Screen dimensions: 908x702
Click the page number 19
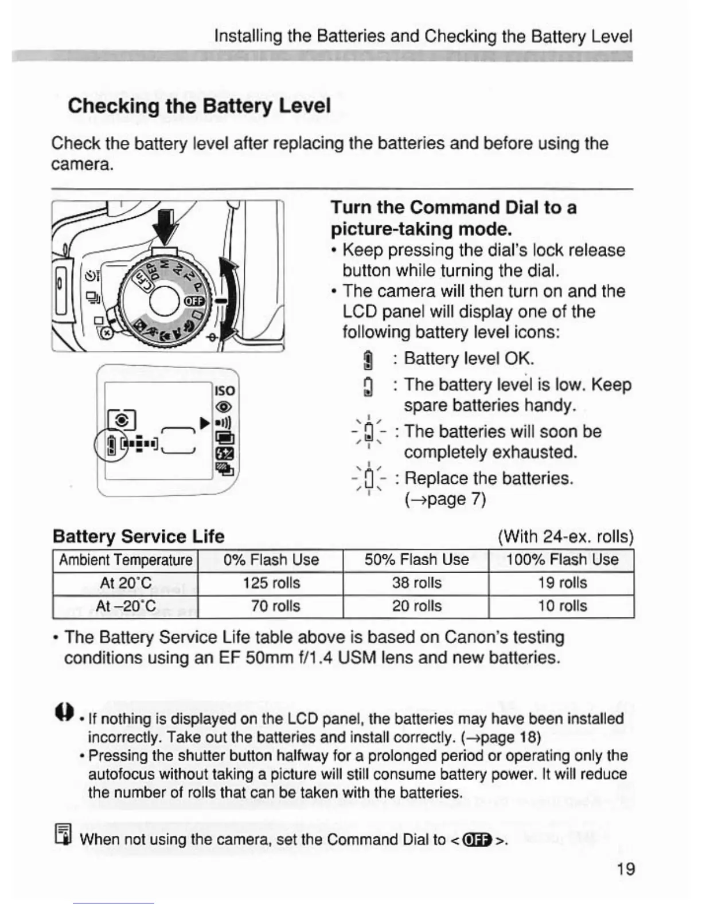click(x=625, y=869)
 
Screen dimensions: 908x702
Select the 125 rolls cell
click(x=271, y=583)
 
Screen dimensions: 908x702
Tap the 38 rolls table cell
click(x=416, y=583)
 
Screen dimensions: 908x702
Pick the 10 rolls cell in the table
click(x=562, y=606)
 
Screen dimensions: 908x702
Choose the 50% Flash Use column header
click(x=416, y=559)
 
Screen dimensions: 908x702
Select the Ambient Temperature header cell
click(x=126, y=559)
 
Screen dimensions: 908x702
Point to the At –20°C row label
click(x=126, y=606)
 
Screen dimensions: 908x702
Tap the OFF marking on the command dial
click(x=190, y=302)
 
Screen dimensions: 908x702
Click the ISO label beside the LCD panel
click(x=224, y=390)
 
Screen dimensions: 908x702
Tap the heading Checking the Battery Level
click(x=199, y=106)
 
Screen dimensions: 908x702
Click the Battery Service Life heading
click(x=138, y=537)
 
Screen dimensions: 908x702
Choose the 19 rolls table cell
click(x=562, y=583)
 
